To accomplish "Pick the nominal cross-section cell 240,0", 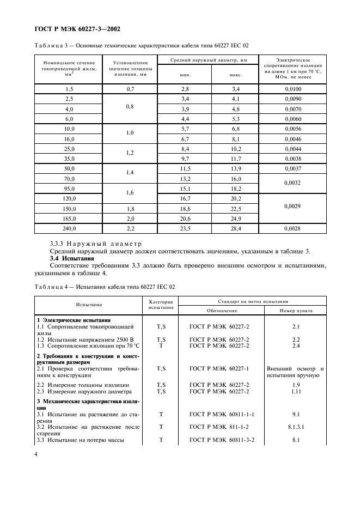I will click(69, 228).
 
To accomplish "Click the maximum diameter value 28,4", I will click(236, 228).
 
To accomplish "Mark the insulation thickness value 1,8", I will click(130, 208).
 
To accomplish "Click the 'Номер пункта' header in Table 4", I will click(295, 311).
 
